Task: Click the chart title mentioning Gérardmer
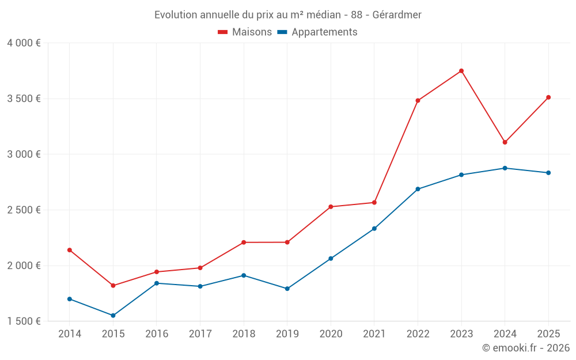[x=287, y=14]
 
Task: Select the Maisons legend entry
[x=245, y=32]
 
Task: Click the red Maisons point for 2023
[x=461, y=71]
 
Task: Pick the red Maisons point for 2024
[x=505, y=142]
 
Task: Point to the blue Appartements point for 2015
[x=113, y=316]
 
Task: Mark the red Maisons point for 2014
[x=70, y=250]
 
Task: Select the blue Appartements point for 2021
[x=374, y=229]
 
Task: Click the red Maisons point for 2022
[x=418, y=101]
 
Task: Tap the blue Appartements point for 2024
[x=505, y=168]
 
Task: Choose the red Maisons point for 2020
[x=331, y=207]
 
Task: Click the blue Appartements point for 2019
[x=287, y=289]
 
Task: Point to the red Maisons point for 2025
[x=548, y=97]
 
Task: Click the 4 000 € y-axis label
[x=24, y=43]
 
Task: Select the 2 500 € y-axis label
[x=24, y=210]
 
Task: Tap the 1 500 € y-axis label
[x=24, y=321]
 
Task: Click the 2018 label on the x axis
[x=244, y=334]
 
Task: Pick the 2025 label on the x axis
[x=548, y=334]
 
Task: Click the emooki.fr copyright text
[x=526, y=348]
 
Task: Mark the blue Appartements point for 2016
[x=157, y=283]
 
